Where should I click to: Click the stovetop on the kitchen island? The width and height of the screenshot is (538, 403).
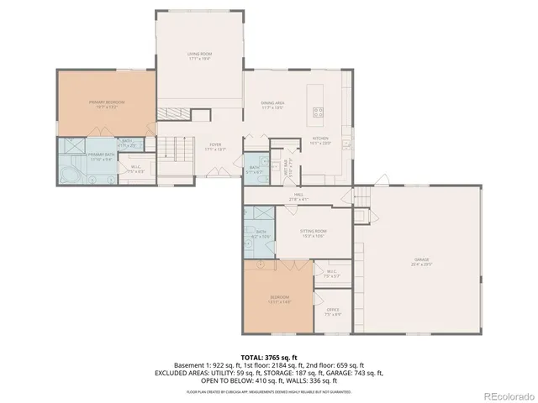click(319, 110)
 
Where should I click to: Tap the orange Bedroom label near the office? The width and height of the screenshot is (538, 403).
click(280, 299)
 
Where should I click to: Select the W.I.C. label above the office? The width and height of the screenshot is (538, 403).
click(331, 272)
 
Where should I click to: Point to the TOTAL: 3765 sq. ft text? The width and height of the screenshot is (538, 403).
click(269, 358)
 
